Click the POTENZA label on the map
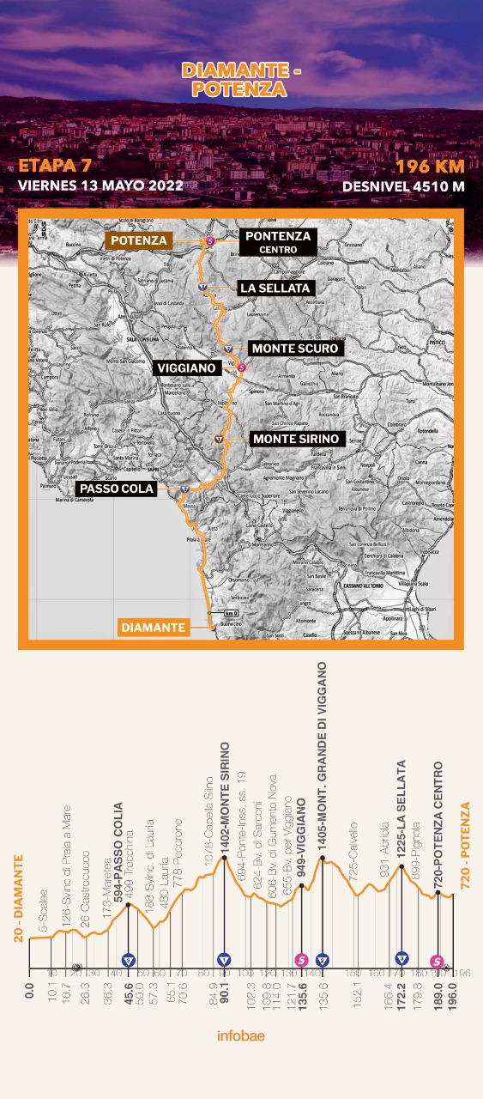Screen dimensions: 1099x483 pyautogui.click(x=138, y=240)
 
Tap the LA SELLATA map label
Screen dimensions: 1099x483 pyautogui.click(x=275, y=288)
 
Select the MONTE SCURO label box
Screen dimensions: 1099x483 pyautogui.click(x=295, y=349)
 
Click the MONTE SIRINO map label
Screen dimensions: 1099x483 pyautogui.click(x=296, y=439)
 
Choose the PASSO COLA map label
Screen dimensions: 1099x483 pyautogui.click(x=116, y=489)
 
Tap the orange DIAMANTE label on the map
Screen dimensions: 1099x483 pyautogui.click(x=153, y=628)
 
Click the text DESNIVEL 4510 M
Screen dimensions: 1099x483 pyautogui.click(x=403, y=185)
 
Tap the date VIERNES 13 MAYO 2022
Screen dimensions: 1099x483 pyautogui.click(x=100, y=185)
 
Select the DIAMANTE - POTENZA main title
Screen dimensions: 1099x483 pyautogui.click(x=241, y=81)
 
